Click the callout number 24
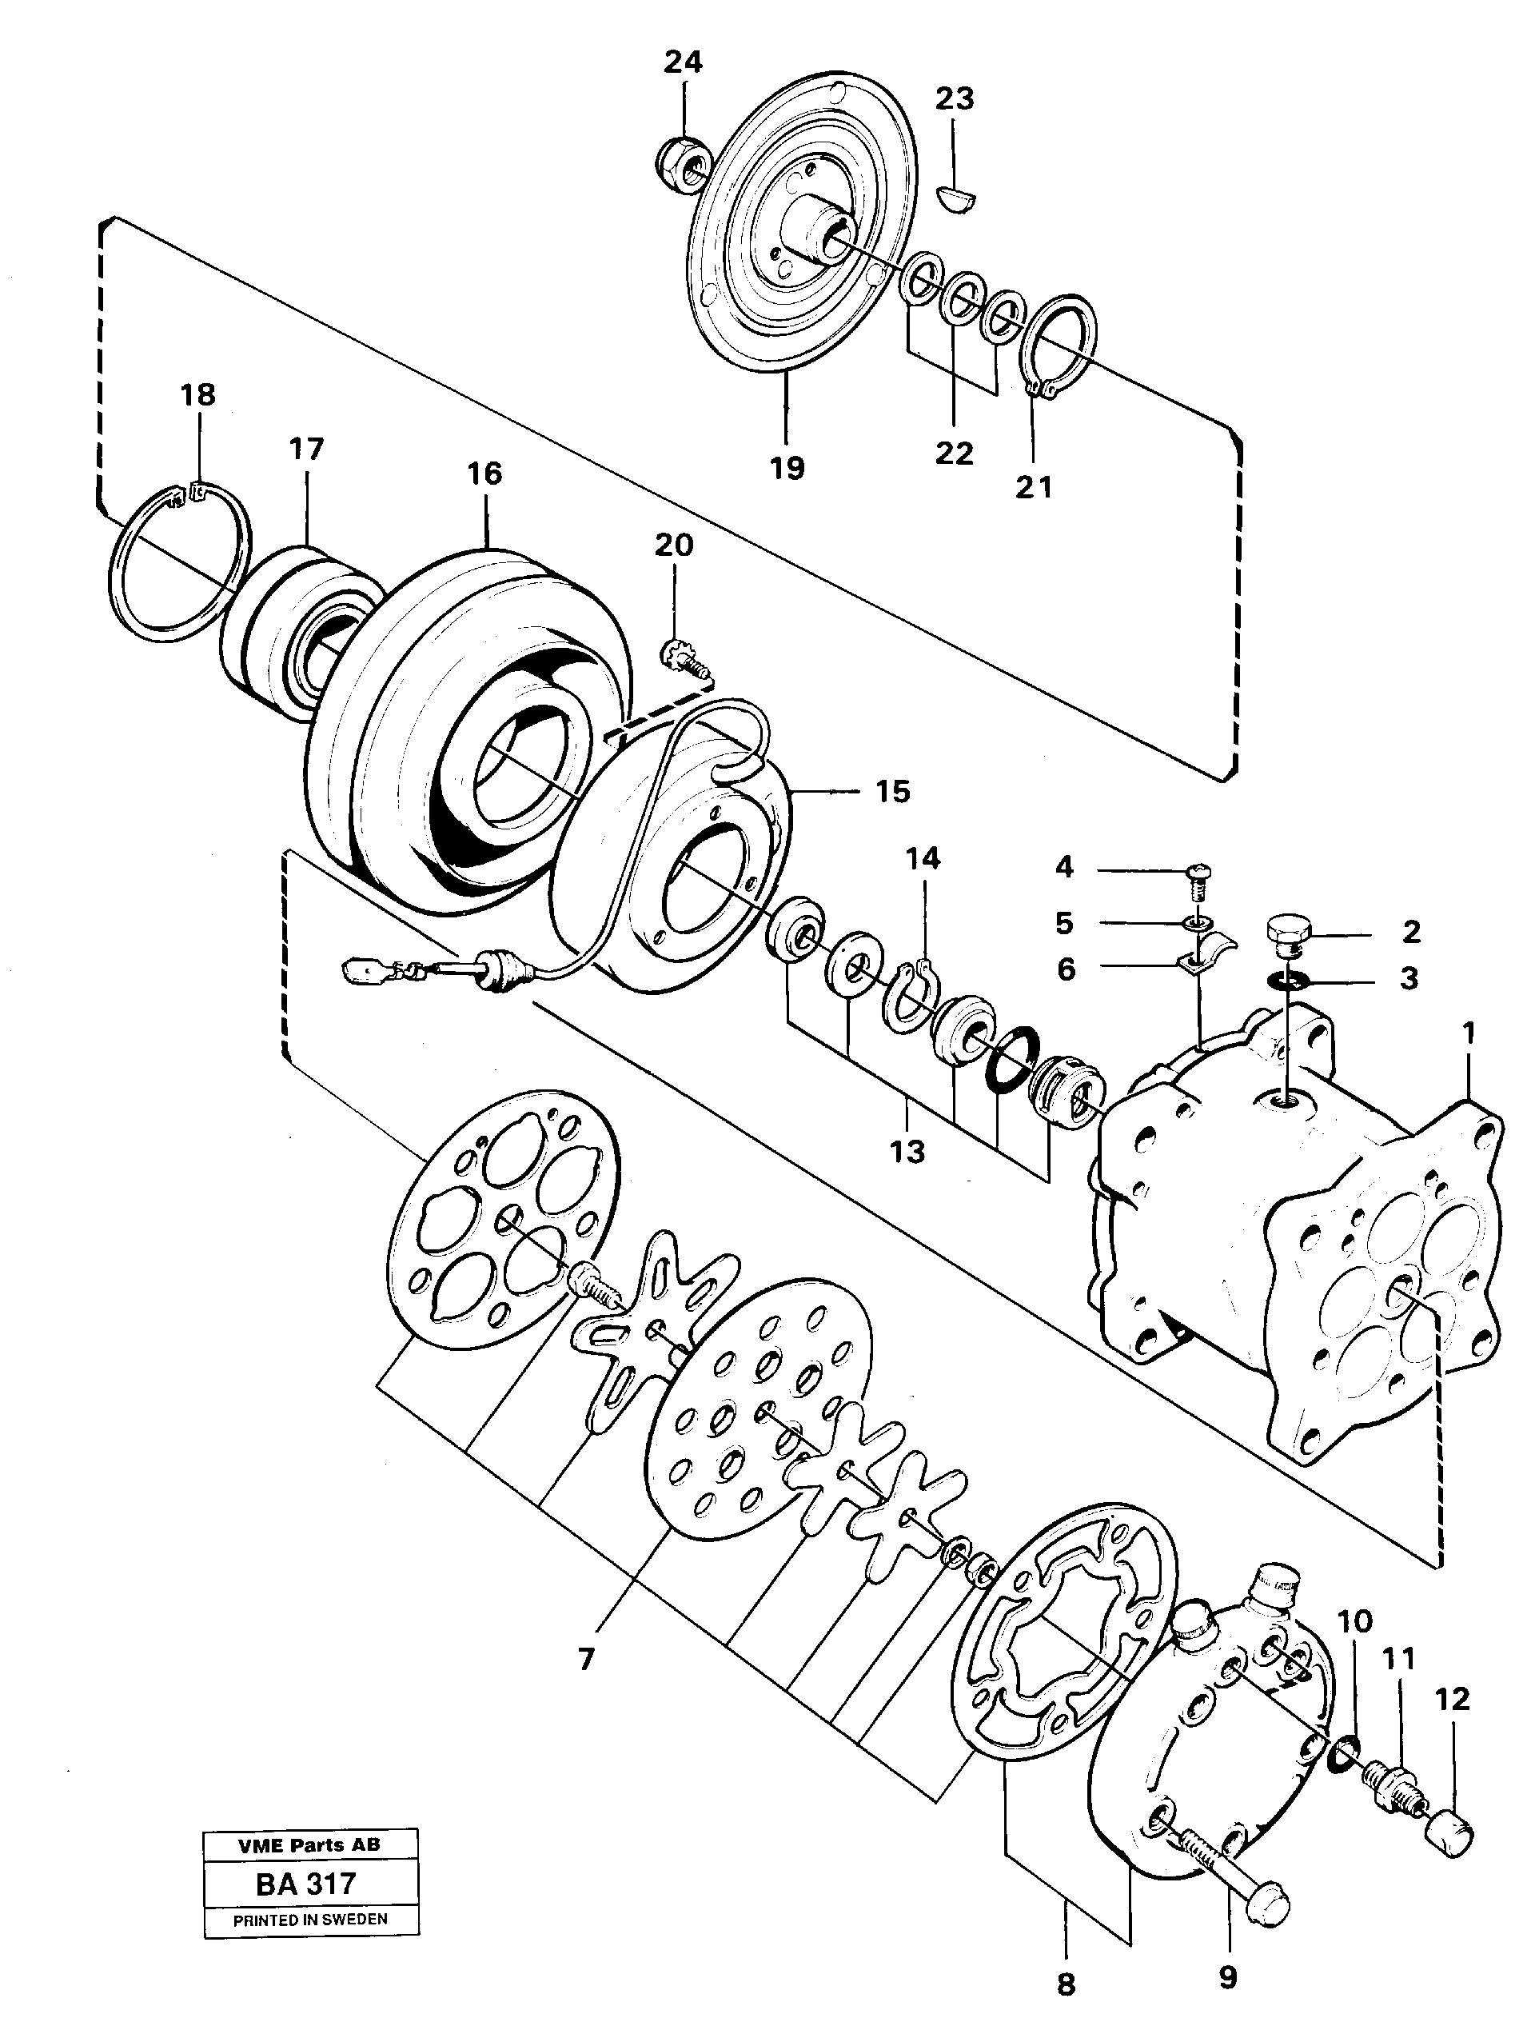tap(683, 62)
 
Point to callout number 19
tap(787, 467)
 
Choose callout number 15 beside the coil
tap(893, 791)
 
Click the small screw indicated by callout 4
tap(1195, 874)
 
